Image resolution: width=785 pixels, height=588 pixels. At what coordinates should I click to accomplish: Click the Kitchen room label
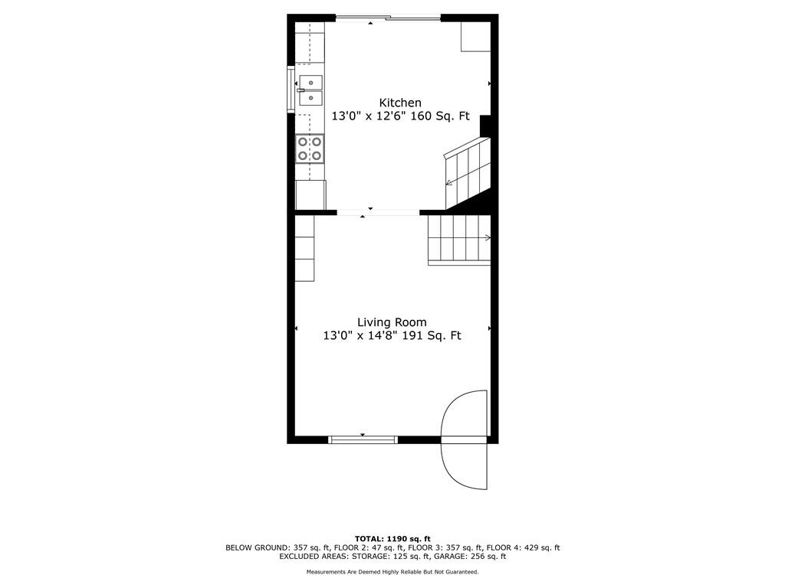[399, 103]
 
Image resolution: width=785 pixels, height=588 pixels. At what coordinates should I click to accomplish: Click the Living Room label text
[392, 322]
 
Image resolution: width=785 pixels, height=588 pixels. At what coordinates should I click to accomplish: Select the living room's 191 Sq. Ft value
[433, 335]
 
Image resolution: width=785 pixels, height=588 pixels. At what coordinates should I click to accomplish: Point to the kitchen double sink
[310, 90]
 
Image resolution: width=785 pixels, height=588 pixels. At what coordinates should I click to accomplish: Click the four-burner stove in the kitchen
[310, 149]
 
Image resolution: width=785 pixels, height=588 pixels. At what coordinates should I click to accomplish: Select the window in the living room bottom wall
[363, 439]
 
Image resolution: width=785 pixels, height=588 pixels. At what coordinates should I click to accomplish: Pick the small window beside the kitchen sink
[290, 90]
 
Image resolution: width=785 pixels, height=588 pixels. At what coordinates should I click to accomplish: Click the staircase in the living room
[458, 240]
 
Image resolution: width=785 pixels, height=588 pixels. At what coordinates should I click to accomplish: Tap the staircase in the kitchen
[467, 172]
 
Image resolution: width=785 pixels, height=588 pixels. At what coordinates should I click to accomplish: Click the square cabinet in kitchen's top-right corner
[475, 37]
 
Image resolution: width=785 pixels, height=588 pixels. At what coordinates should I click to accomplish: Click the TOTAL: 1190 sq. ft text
[392, 538]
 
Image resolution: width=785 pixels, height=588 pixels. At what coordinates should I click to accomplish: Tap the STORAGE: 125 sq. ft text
[405, 557]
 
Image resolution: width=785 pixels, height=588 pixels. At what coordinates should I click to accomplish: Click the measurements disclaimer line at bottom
[392, 572]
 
